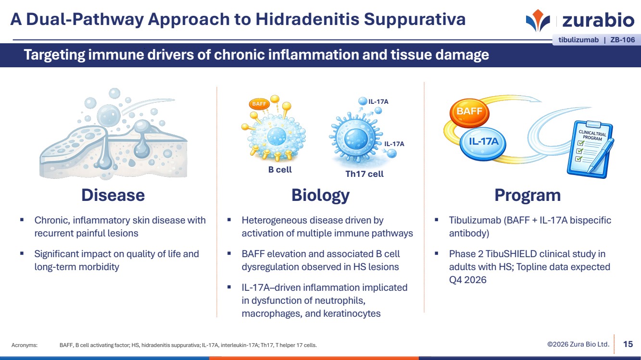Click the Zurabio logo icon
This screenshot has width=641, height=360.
(x=538, y=20)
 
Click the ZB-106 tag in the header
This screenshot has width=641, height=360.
(x=623, y=40)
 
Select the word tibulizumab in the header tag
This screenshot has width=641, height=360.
(x=578, y=40)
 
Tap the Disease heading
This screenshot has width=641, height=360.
(x=113, y=195)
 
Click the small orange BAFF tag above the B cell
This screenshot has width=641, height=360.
(x=259, y=104)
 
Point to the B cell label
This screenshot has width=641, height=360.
(x=280, y=170)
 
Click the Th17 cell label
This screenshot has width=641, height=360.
(x=364, y=174)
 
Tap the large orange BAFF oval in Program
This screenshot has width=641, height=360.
(x=469, y=112)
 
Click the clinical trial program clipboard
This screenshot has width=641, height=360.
(x=590, y=149)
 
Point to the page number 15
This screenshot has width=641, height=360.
(x=628, y=344)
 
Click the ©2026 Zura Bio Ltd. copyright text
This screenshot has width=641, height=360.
(x=578, y=344)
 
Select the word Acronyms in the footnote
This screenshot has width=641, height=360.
(x=25, y=345)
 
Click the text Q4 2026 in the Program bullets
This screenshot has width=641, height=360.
(x=467, y=280)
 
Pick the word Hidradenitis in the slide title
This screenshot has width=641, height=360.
(x=307, y=19)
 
